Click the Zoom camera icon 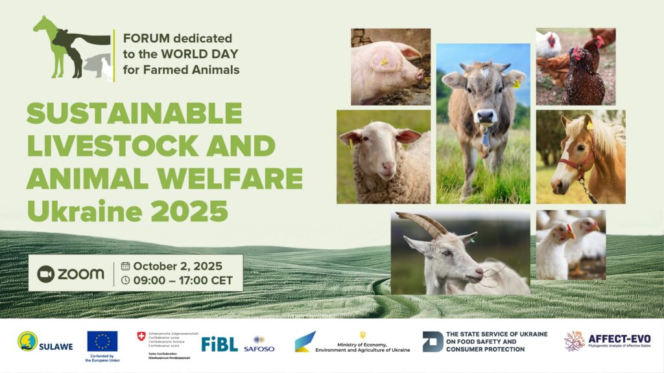pyautogui.click(x=45, y=273)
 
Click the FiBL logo pyautogui.click(x=219, y=344)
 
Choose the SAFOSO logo pyautogui.click(x=259, y=344)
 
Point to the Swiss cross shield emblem pyautogui.click(x=141, y=335)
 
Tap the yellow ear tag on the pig pyautogui.click(x=384, y=62)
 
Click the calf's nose pyautogui.click(x=485, y=117)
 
